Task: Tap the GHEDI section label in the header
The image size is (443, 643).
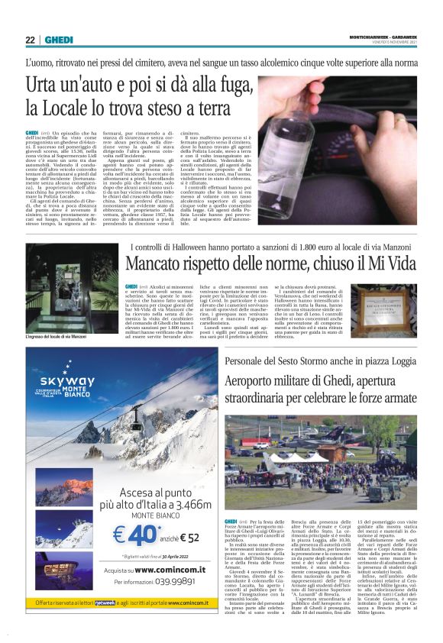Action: (57, 40)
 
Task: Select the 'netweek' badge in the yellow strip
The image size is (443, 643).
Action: (104, 603)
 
